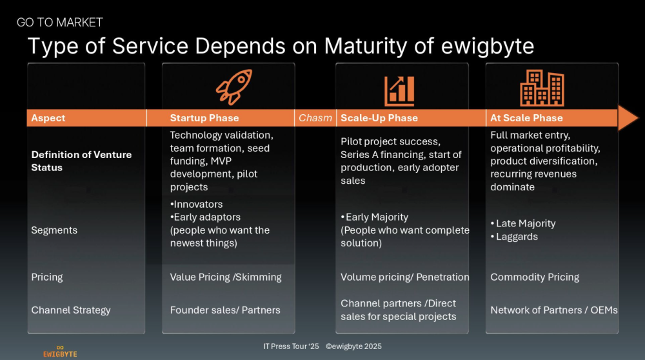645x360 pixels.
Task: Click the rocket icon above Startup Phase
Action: click(234, 86)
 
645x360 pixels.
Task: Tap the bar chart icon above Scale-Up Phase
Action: click(399, 90)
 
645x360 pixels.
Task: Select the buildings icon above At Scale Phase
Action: click(542, 88)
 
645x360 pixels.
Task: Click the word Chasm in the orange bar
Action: click(315, 118)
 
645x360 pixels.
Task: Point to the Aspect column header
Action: click(48, 118)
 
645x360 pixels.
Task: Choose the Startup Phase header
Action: click(204, 118)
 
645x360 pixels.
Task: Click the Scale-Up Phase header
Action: click(379, 118)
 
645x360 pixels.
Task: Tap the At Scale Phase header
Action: click(526, 118)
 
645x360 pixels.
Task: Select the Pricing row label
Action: click(47, 277)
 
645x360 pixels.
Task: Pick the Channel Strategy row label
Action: click(71, 310)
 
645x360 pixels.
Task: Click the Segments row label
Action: click(54, 230)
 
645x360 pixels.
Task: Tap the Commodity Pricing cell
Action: click(535, 277)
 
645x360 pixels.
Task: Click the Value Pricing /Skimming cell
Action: click(226, 277)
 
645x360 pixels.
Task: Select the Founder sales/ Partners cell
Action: click(225, 310)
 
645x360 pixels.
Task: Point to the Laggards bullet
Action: click(514, 237)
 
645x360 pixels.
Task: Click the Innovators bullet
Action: click(196, 204)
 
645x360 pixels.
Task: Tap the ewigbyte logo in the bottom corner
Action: click(60, 351)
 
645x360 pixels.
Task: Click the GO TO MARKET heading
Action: click(59, 22)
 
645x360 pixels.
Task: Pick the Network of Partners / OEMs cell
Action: click(554, 310)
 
